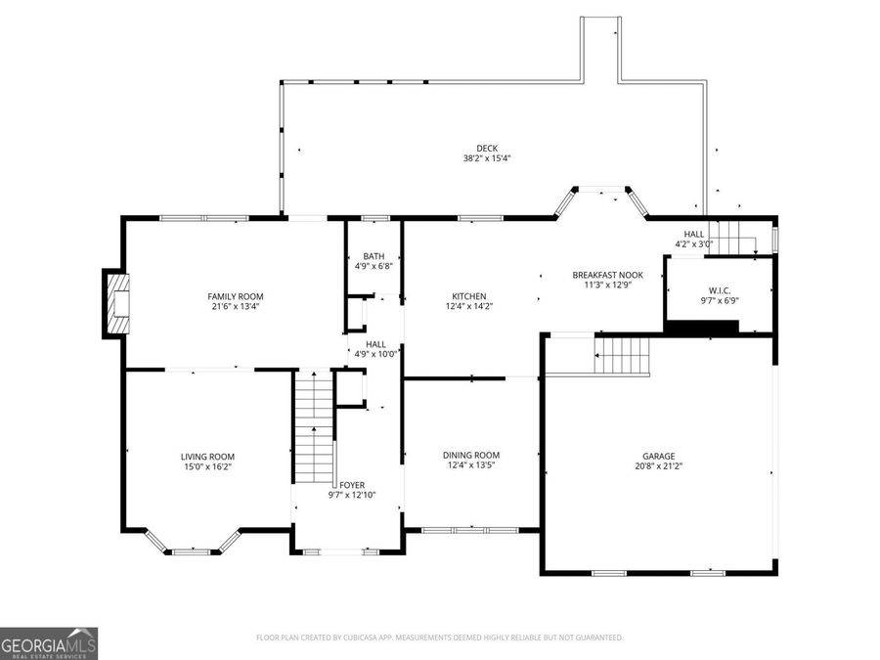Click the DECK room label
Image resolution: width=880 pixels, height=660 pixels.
point(487,149)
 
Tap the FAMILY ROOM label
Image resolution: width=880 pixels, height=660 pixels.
point(235,296)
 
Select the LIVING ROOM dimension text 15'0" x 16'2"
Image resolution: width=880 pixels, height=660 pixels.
point(207,467)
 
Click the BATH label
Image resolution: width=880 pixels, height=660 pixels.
point(374,256)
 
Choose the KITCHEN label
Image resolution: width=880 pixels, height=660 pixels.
point(468,296)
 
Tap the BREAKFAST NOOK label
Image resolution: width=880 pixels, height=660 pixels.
point(607,275)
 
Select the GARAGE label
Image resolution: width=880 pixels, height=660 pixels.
point(658,456)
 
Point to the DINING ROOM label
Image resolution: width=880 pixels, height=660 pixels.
point(471,455)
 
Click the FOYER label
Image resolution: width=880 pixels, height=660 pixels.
point(351,485)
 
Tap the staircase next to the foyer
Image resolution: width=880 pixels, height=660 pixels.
point(315,424)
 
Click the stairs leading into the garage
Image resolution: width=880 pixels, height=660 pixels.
point(622,354)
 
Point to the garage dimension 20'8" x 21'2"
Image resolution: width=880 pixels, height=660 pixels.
point(658,467)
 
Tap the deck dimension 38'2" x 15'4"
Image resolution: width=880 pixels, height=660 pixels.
point(487,158)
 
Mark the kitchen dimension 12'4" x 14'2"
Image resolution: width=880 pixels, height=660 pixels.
point(468,306)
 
